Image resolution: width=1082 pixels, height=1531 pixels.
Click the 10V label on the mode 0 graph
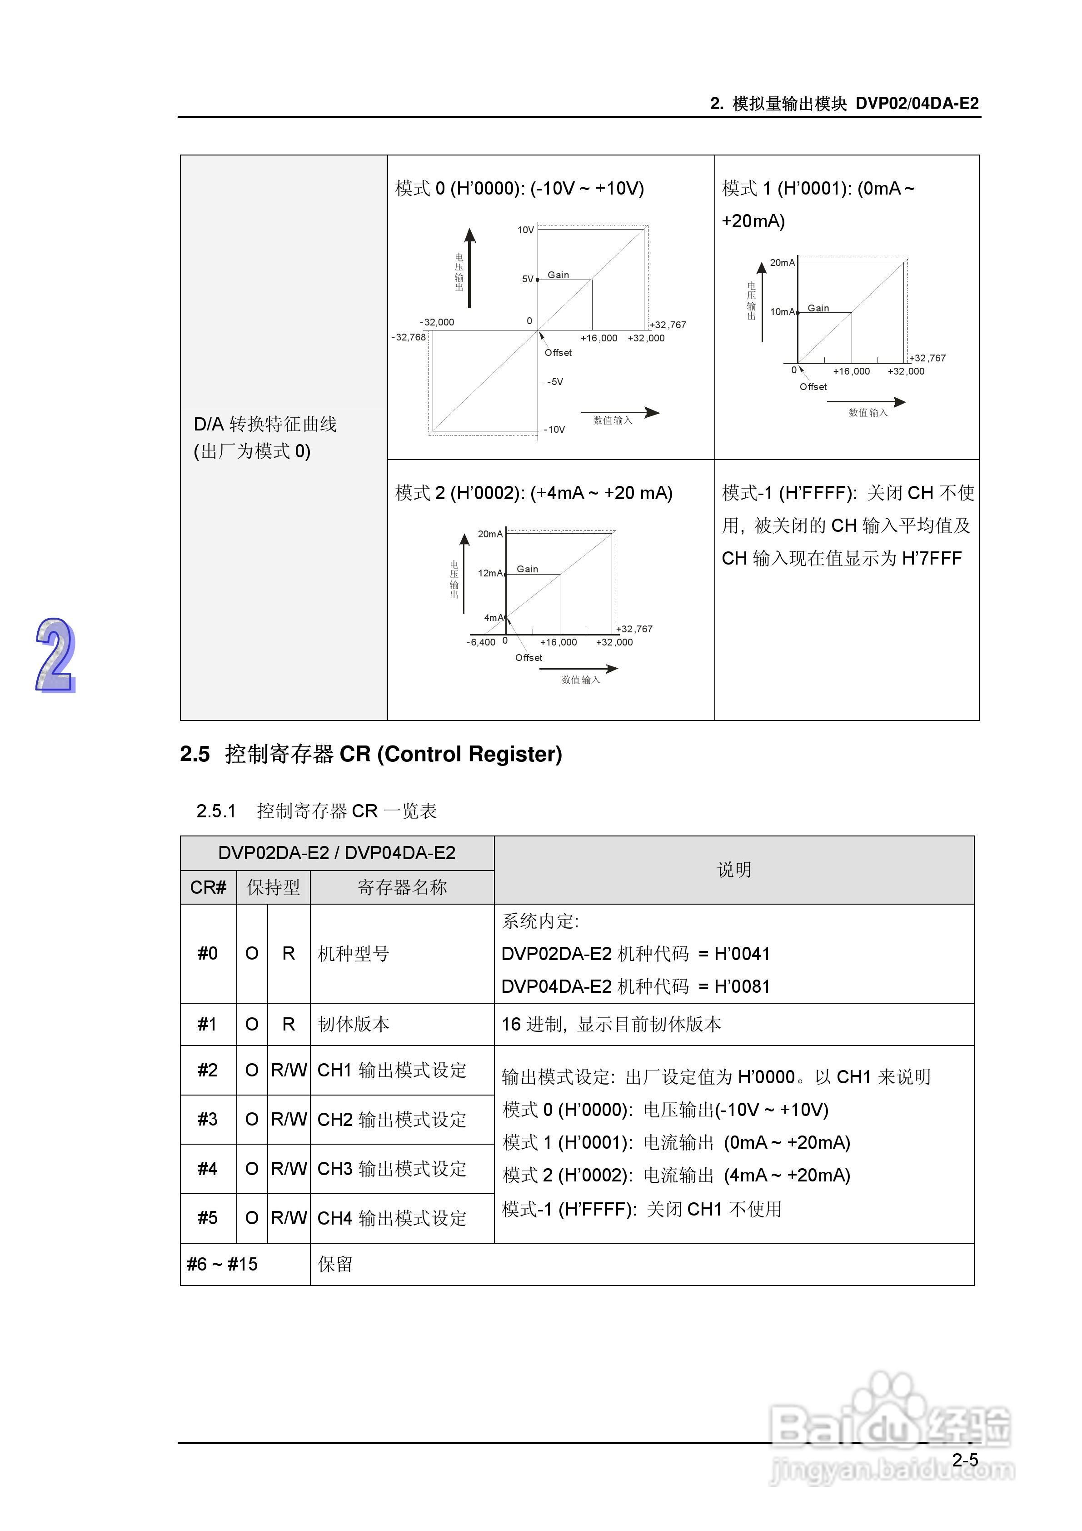point(525,230)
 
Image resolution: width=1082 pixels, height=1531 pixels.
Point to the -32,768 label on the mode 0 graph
point(408,337)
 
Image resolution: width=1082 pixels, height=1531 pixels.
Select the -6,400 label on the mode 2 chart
point(481,642)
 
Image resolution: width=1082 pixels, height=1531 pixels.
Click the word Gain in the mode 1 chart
point(818,308)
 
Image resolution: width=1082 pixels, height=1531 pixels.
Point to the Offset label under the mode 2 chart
point(529,657)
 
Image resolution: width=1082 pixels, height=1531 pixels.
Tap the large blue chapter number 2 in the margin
point(55,655)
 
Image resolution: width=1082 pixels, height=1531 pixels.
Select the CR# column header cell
point(208,887)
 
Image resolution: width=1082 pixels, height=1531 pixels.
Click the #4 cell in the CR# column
point(207,1169)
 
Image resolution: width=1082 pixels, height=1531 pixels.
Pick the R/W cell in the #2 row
point(289,1070)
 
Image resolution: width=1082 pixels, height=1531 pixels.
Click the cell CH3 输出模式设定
point(392,1169)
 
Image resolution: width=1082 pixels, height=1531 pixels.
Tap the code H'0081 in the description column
point(742,987)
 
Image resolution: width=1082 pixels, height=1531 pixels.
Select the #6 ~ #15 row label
point(222,1264)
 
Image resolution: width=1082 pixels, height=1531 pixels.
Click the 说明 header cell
point(734,870)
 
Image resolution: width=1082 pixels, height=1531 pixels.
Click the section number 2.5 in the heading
point(194,754)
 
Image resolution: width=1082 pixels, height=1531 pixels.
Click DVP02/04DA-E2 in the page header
point(917,103)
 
